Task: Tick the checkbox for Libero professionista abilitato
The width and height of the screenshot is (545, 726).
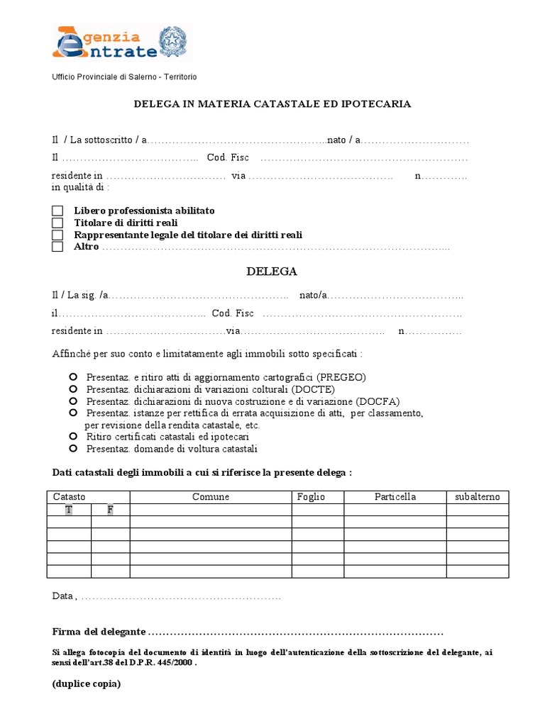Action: point(57,211)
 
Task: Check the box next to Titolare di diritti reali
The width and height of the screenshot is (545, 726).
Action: point(57,223)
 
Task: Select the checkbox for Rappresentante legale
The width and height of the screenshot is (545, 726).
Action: point(57,235)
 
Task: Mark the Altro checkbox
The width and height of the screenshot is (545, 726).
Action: point(57,247)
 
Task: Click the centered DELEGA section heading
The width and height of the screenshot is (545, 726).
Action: point(272,272)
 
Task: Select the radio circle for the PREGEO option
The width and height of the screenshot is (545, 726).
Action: point(73,377)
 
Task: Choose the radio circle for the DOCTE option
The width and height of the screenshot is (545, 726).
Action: point(73,389)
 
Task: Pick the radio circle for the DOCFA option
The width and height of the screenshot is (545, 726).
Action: point(73,401)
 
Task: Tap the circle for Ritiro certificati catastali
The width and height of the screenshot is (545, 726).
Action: point(73,437)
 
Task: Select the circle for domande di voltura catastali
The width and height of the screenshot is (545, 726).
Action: point(73,449)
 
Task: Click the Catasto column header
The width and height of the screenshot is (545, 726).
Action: point(70,497)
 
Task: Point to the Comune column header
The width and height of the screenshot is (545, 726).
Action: point(211,497)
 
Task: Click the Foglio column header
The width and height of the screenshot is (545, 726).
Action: point(311,497)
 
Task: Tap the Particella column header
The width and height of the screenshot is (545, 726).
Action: point(395,497)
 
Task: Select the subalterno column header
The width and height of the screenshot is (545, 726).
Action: point(477,497)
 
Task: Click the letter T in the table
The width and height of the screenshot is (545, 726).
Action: point(68,510)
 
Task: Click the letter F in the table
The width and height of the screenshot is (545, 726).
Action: point(110,510)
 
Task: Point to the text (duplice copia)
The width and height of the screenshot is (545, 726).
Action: point(86,684)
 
